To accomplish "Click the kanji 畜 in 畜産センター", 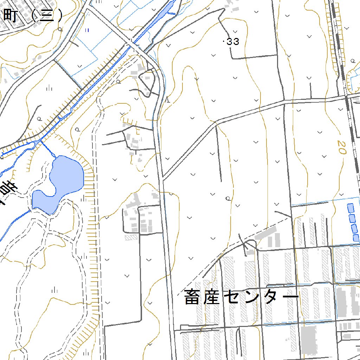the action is [192, 297].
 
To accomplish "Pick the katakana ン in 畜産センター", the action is [251, 297].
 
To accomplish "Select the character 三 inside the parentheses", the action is [46, 15].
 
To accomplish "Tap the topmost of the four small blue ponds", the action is [351, 208].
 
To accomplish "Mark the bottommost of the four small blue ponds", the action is [356, 238].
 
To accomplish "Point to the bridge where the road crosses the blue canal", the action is [132, 45].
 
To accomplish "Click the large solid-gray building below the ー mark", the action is [309, 339].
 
